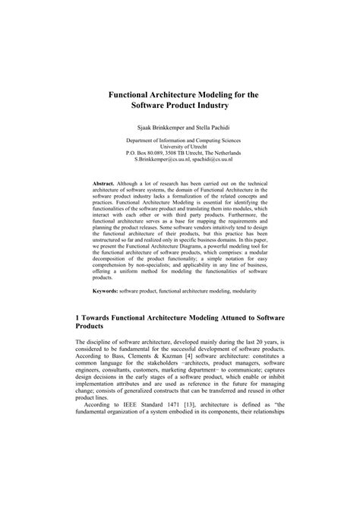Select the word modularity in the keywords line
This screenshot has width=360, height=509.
(x=261, y=291)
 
